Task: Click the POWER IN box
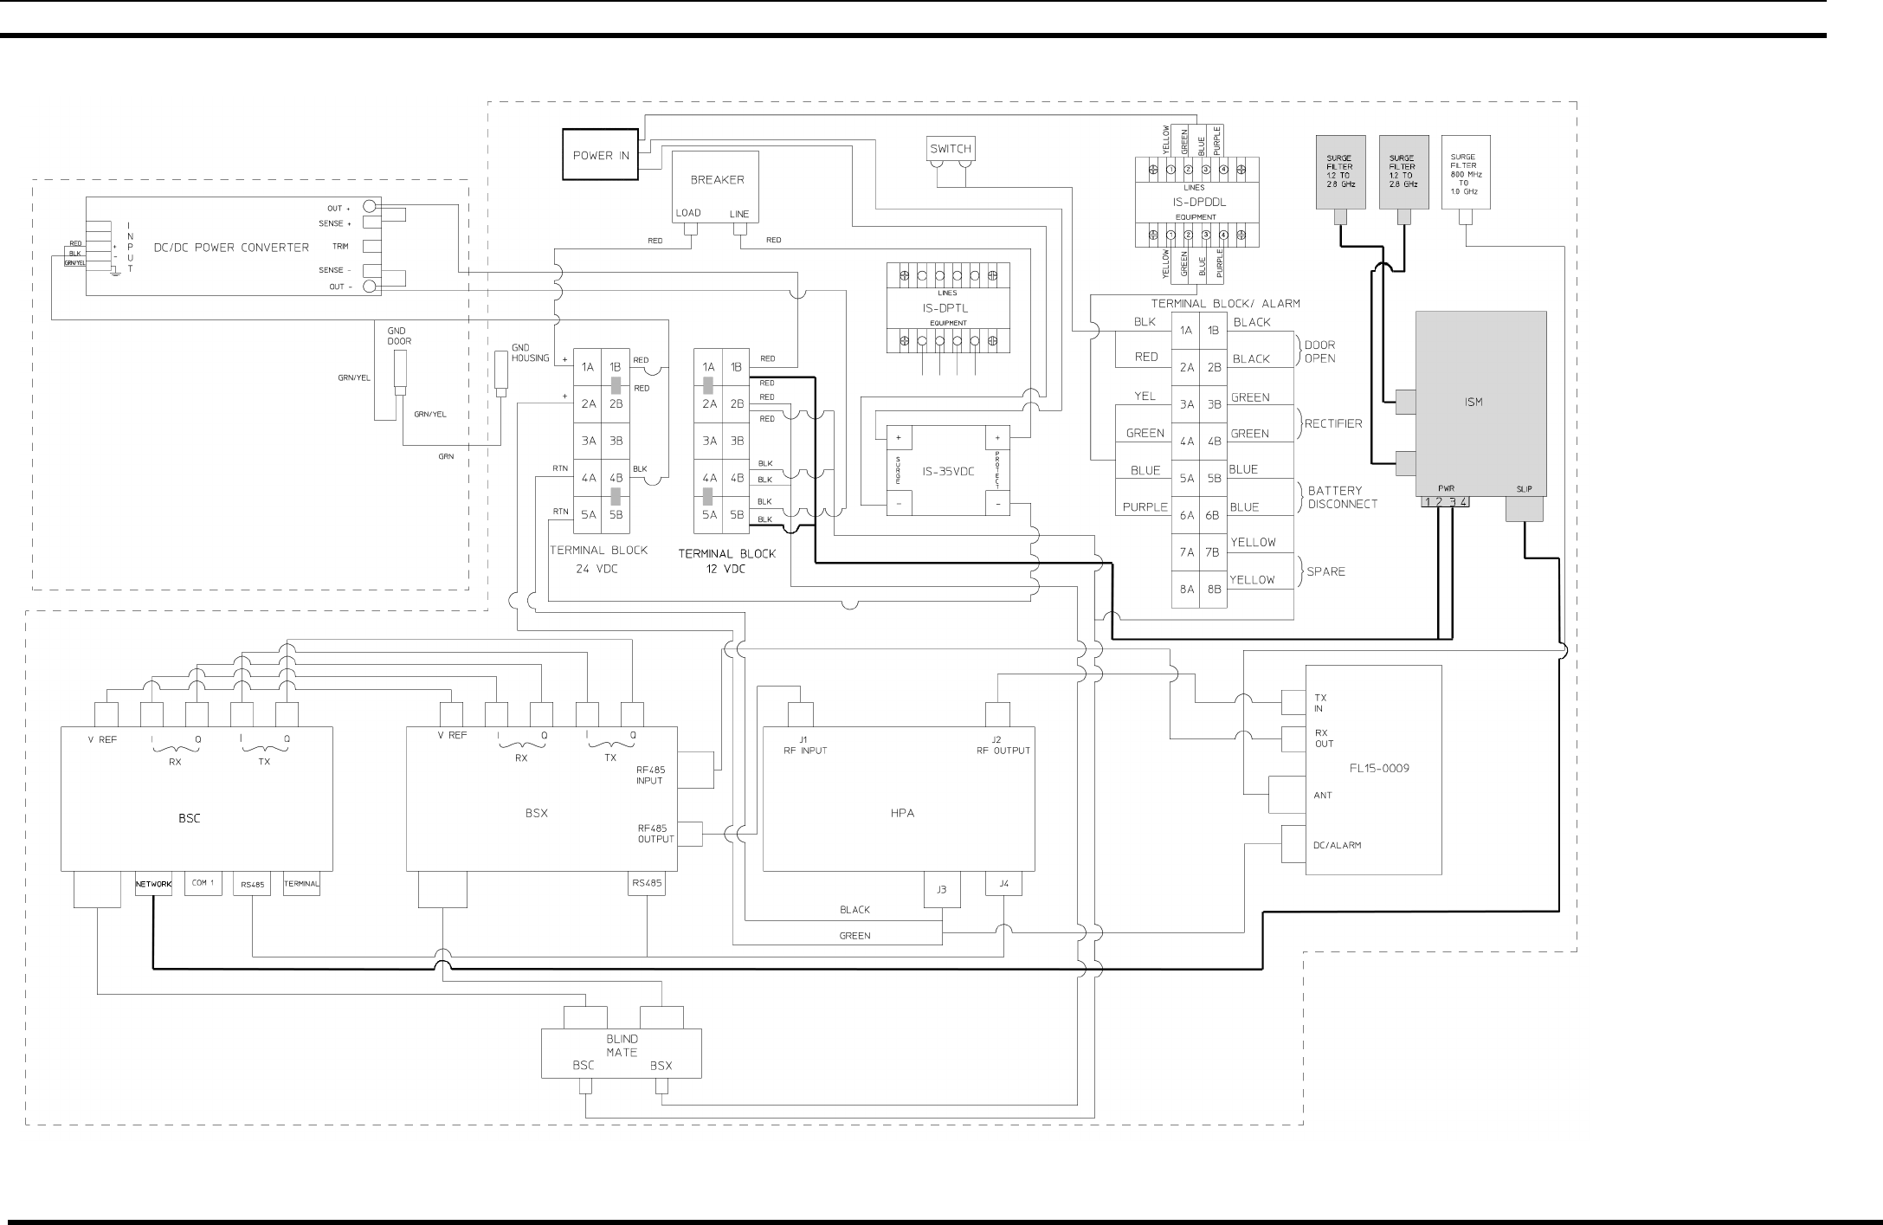[x=601, y=155]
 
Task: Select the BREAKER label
[x=717, y=180]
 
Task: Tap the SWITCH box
[x=951, y=149]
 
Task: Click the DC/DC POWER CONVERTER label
[x=231, y=247]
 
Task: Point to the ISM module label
[x=1474, y=402]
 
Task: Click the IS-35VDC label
[x=948, y=472]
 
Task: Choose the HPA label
[x=902, y=813]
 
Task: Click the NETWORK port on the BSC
[x=153, y=884]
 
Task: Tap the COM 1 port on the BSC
[x=203, y=883]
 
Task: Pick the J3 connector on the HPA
[x=941, y=889]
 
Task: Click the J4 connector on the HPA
[x=1003, y=884]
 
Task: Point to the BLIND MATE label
[x=622, y=1045]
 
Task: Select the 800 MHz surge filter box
[x=1465, y=171]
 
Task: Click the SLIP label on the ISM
[x=1524, y=489]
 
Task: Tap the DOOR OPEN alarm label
[x=1319, y=351]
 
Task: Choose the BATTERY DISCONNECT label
[x=1342, y=497]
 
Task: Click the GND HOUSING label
[x=530, y=352]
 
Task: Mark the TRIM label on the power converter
[x=340, y=247]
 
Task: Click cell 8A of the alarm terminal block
[x=1186, y=590]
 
